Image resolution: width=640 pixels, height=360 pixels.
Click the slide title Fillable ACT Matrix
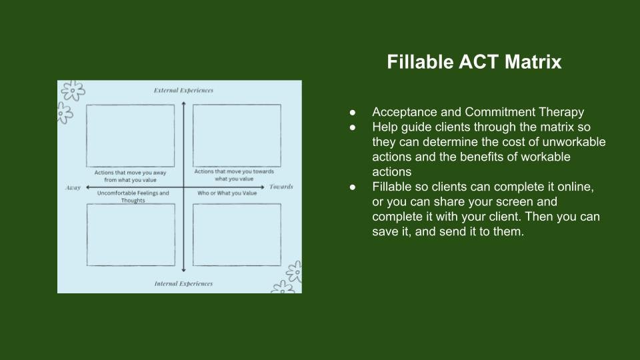click(x=474, y=63)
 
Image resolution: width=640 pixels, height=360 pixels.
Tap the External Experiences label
click(x=183, y=91)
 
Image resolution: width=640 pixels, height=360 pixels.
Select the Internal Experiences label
click(x=183, y=283)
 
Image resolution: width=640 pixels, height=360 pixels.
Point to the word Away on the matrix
click(x=73, y=188)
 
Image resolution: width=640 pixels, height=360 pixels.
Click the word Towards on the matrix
click(x=281, y=187)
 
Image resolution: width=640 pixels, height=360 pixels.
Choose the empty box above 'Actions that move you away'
click(x=130, y=135)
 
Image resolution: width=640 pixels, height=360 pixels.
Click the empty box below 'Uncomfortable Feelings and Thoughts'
click(x=130, y=235)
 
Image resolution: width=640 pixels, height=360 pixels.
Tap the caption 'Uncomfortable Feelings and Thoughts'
click(x=133, y=197)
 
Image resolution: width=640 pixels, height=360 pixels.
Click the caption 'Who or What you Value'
click(x=227, y=193)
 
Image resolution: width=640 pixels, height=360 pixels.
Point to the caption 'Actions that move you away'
click(x=130, y=176)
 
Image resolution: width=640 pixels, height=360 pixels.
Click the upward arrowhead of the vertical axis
click(x=183, y=101)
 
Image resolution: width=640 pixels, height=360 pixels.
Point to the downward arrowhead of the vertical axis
click(x=183, y=271)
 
